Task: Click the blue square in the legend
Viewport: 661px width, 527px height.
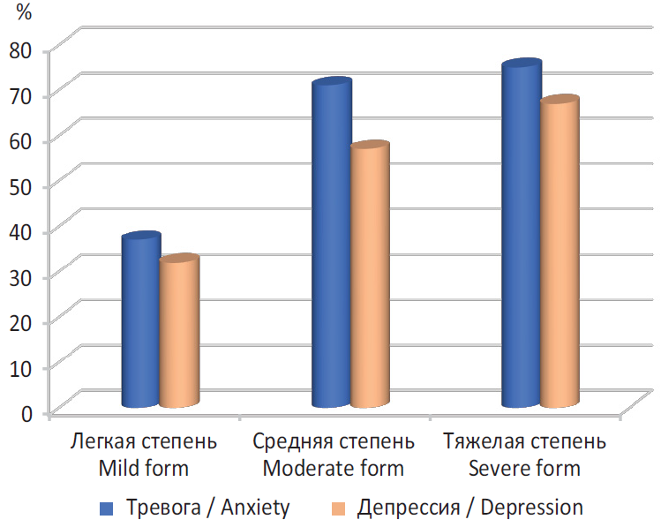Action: pyautogui.click(x=108, y=508)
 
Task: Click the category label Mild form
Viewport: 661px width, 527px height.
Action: pyautogui.click(x=145, y=467)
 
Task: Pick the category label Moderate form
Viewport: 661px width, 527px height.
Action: pyautogui.click(x=334, y=467)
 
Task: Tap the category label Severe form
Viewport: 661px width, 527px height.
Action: pyautogui.click(x=524, y=467)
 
